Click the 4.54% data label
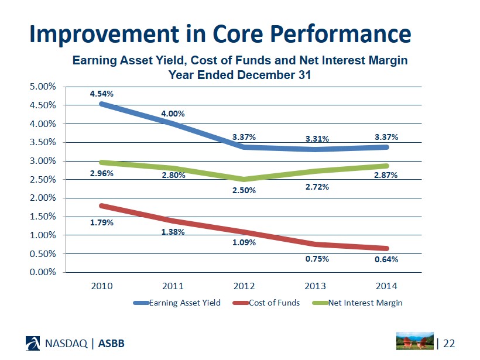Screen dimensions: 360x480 [101, 93]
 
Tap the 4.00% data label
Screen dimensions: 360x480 [173, 114]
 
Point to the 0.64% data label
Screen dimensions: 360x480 [386, 259]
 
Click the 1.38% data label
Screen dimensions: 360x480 [173, 232]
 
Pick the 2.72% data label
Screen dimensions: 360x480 [317, 187]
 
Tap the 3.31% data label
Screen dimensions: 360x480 [317, 139]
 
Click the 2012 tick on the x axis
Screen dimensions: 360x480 [244, 286]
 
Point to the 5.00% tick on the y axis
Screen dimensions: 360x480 [43, 87]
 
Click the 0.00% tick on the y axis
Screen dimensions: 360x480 [43, 272]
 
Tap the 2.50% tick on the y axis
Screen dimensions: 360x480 [43, 179]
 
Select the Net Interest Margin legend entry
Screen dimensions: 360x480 [365, 303]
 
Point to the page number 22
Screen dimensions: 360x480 [449, 342]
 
